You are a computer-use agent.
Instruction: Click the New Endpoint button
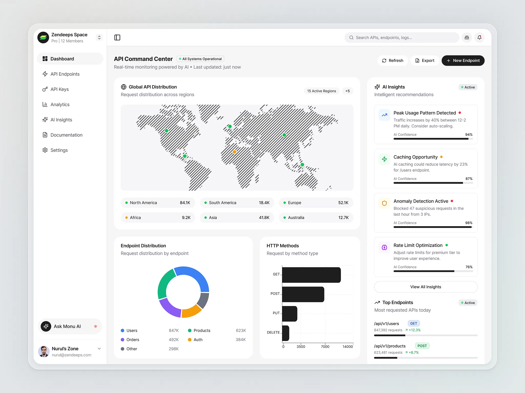[463, 61]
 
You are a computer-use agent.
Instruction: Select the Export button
[425, 61]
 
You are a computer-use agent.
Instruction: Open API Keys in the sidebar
[59, 89]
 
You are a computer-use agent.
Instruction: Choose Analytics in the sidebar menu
[60, 104]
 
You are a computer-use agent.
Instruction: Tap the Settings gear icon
[45, 150]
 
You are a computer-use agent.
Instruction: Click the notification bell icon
[479, 38]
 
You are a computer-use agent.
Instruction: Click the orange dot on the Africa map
[234, 152]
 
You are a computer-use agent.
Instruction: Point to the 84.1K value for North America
[185, 203]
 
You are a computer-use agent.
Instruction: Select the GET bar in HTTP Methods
[311, 275]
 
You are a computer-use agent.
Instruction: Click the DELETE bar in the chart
[286, 333]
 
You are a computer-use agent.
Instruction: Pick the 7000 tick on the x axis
[325, 347]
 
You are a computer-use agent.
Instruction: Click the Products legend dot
[190, 331]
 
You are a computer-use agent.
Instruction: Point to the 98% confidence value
[469, 223]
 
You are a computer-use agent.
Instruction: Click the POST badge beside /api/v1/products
[422, 346]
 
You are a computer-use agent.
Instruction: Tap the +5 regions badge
[347, 91]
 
